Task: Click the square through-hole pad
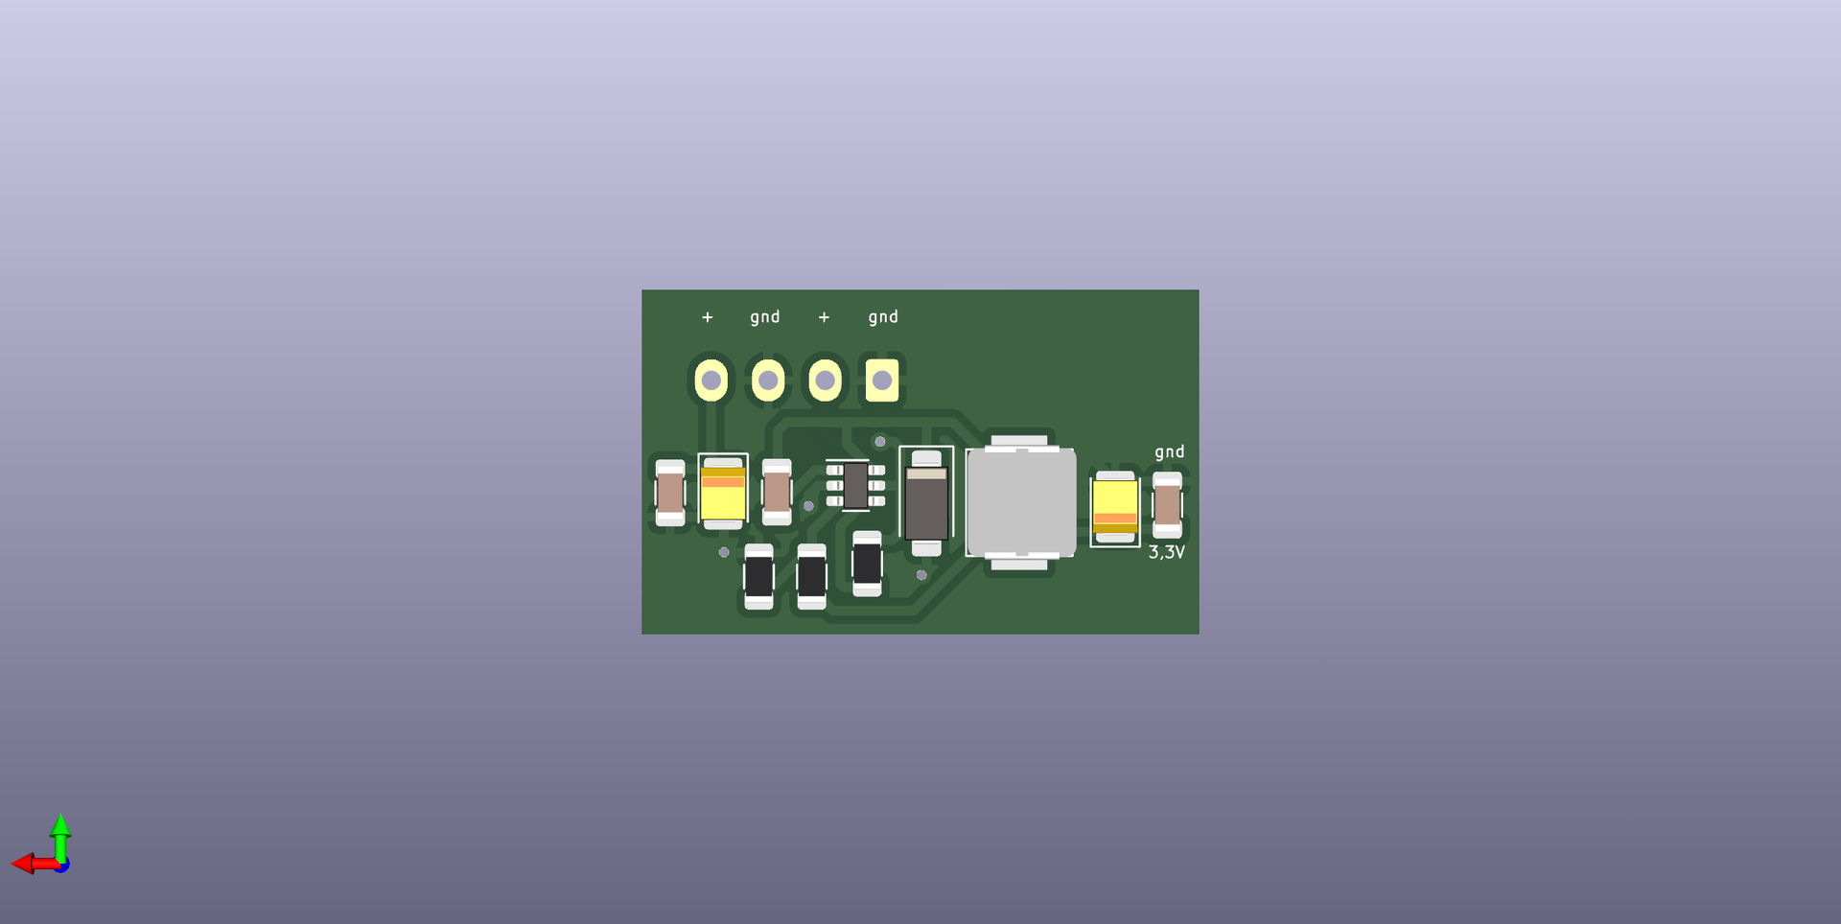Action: (x=882, y=381)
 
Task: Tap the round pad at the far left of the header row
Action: (x=711, y=381)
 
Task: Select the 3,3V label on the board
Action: (x=1167, y=552)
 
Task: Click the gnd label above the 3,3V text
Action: (x=1169, y=452)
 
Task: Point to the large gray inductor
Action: (x=1020, y=502)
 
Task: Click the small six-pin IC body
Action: (x=855, y=486)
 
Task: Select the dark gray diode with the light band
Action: (x=926, y=503)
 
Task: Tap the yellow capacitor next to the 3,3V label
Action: (x=1115, y=507)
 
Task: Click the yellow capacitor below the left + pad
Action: (x=723, y=493)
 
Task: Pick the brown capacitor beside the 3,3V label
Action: (x=1167, y=504)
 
